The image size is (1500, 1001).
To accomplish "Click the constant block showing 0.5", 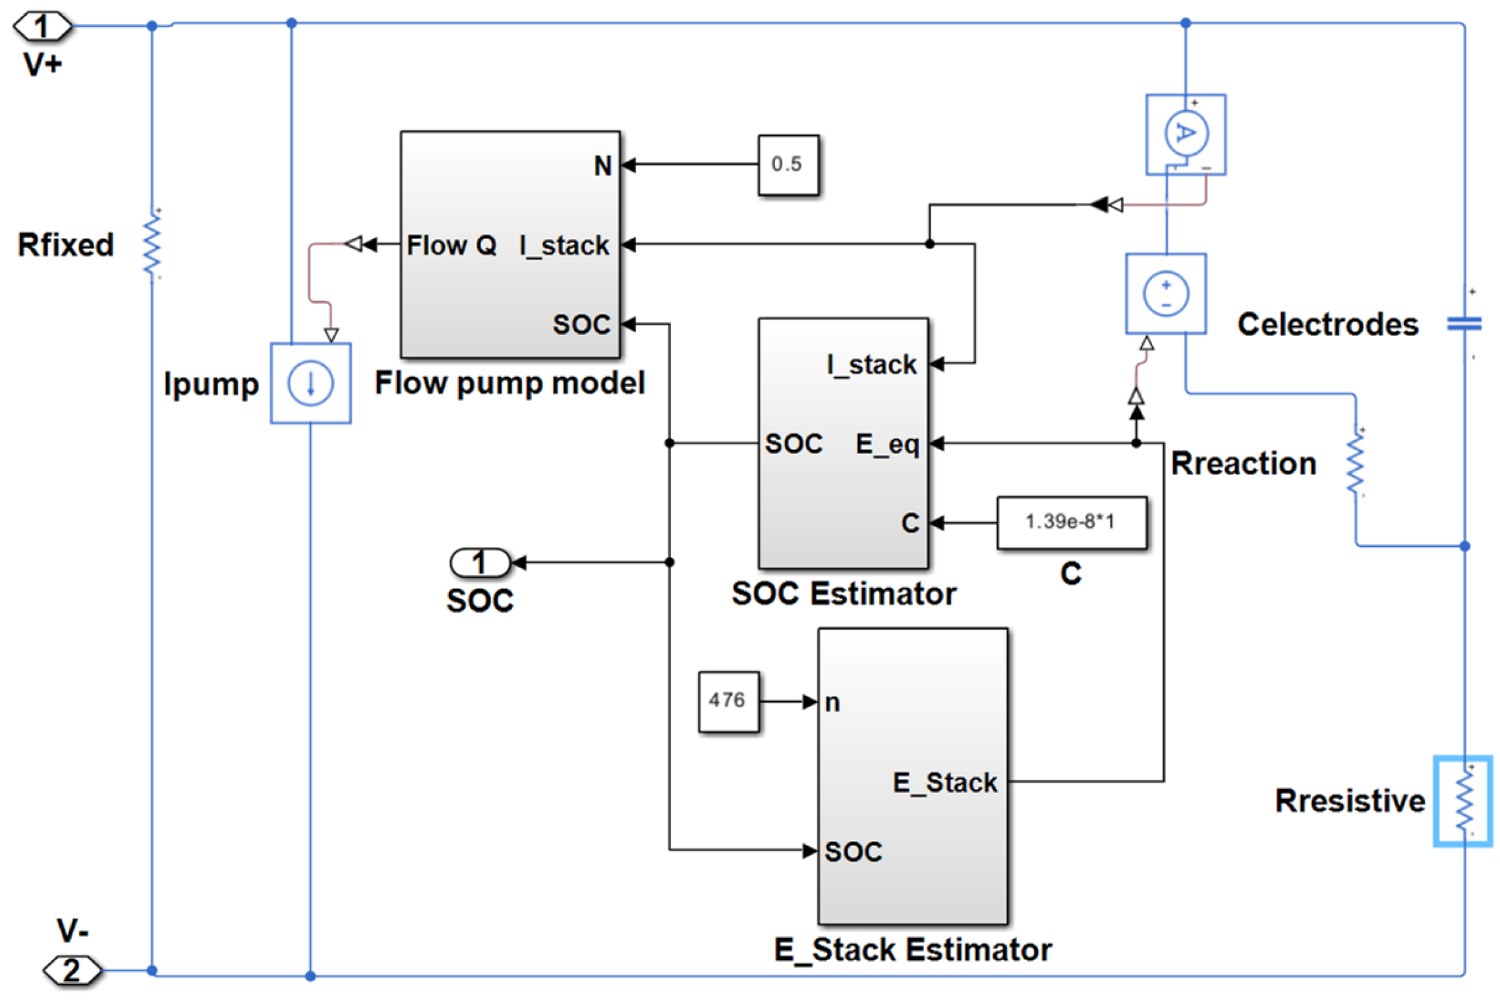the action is pos(788,165).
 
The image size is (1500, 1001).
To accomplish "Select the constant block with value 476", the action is pos(728,701).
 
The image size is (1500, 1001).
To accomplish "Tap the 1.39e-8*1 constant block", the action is pos(1071,522).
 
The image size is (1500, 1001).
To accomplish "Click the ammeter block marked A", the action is pos(1185,134).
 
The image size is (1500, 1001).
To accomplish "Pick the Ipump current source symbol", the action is pos(310,383).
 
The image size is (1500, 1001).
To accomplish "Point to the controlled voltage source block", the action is pos(1166,294).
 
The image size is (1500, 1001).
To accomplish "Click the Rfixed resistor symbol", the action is pos(152,244).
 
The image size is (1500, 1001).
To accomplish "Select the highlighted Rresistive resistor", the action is pos(1462,801).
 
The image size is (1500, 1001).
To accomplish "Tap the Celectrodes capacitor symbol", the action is pos(1464,324).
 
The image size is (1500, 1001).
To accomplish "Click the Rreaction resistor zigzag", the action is pos(1356,463).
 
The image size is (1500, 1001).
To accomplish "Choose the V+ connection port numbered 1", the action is pos(42,26).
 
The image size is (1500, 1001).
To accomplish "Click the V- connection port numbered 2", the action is pos(72,970).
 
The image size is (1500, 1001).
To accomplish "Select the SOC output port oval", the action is pos(480,562).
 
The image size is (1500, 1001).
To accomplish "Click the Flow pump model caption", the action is pos(509,383).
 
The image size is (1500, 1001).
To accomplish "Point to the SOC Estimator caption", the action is pos(844,593).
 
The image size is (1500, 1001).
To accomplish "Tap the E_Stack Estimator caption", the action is pos(912,950).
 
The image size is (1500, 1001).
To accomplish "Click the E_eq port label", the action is pos(886,445).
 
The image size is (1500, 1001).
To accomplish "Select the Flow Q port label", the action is pos(451,245).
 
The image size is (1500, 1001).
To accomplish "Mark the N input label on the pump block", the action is pos(603,165).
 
